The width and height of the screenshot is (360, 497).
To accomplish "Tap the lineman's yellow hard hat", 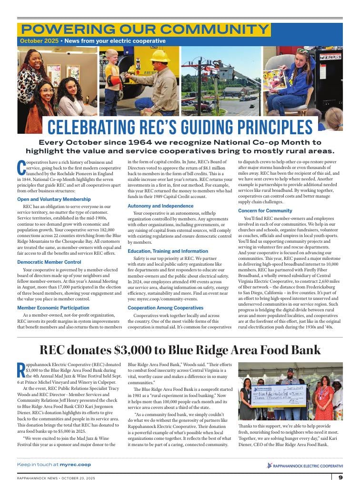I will click(x=160, y=56).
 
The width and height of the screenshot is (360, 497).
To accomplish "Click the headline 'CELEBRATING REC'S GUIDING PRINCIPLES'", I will click(x=180, y=128).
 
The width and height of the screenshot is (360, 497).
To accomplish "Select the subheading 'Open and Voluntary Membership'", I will click(x=54, y=199).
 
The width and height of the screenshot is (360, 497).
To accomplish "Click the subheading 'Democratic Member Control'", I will click(x=49, y=262).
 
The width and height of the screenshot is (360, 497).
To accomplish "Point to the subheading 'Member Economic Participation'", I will click(x=53, y=308).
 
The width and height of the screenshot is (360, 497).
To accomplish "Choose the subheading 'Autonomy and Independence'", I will click(x=160, y=206).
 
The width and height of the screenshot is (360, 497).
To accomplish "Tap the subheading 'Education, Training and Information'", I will click(x=168, y=251).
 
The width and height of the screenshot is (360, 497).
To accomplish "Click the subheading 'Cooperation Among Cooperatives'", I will click(x=165, y=308).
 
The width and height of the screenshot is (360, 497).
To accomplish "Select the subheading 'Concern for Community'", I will click(x=265, y=210).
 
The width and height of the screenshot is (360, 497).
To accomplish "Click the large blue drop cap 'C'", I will click(x=21, y=168).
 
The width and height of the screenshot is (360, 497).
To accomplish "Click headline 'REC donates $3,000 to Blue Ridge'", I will click(x=180, y=350).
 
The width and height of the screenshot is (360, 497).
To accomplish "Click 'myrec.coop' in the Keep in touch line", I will click(x=75, y=464).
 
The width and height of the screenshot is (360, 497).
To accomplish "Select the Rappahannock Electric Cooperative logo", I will click(x=305, y=465).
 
